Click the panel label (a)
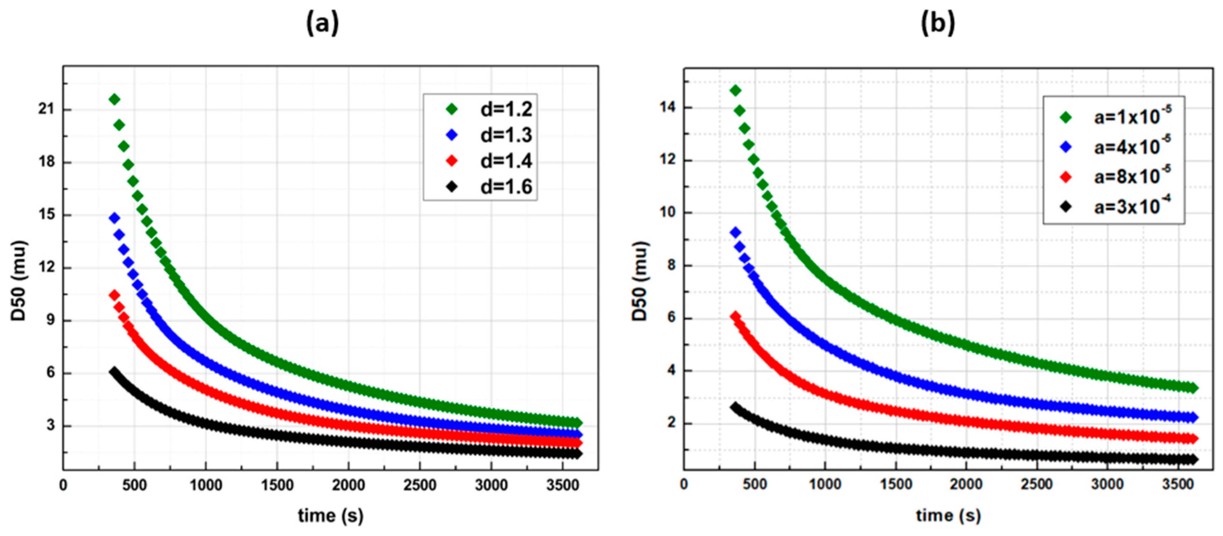[322, 23]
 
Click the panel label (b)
[938, 23]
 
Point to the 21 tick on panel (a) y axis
[47, 110]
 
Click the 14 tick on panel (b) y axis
[668, 107]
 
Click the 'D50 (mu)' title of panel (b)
[640, 281]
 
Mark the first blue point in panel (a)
[114, 218]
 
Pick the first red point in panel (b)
[736, 316]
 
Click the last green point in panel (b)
[1193, 388]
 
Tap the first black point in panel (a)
[114, 371]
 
